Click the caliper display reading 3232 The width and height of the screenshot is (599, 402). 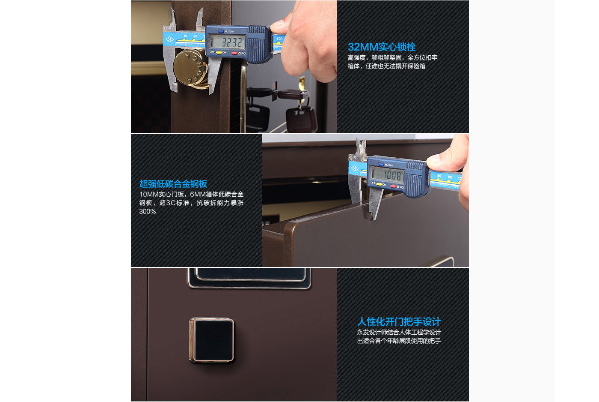point(227,42)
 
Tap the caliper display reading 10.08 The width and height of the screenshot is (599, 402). point(387,174)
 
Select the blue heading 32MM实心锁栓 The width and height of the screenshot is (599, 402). point(381,47)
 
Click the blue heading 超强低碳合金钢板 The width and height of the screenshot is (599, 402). point(173,184)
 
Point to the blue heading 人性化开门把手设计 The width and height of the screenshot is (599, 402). point(399,321)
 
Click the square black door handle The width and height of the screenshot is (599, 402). point(212,340)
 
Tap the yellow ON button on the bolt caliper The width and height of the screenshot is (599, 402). point(219,52)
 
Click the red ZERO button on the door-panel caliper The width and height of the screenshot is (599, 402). point(393,186)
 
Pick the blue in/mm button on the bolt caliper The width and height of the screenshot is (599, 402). point(221,31)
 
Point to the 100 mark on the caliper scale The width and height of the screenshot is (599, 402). point(279,39)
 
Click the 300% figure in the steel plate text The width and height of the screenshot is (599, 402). point(147,212)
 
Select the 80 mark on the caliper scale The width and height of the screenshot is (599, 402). point(439,176)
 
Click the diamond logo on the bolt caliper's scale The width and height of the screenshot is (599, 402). point(169,39)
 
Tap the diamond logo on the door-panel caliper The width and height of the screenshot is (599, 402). point(355,168)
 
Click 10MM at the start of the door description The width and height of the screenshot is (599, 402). point(149,194)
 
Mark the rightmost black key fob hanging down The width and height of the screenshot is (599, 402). point(301,120)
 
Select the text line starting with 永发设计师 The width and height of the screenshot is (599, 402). point(399,333)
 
